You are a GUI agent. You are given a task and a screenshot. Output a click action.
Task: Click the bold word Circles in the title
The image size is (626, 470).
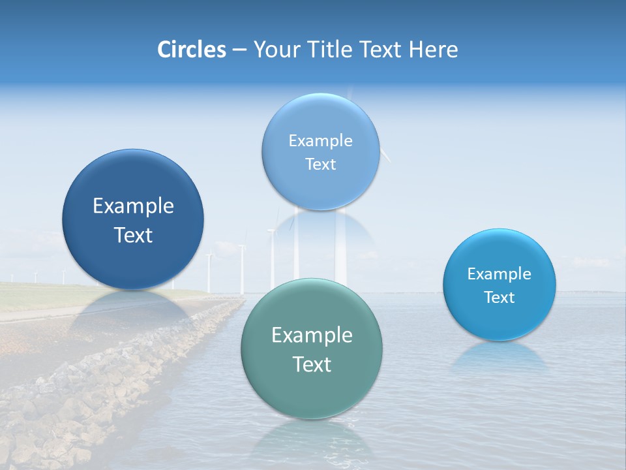tap(191, 50)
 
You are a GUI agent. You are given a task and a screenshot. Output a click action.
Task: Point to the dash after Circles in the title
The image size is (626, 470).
tap(239, 50)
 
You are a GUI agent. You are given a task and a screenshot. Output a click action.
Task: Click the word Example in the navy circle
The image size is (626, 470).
tap(133, 206)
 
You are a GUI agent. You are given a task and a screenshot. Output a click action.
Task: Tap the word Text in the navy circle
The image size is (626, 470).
tap(133, 235)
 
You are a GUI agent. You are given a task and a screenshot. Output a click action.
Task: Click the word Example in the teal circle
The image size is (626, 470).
tap(312, 336)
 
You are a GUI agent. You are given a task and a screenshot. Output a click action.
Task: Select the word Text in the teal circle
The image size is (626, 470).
tap(312, 364)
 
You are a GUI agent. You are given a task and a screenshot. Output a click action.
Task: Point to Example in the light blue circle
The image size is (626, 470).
tap(320, 140)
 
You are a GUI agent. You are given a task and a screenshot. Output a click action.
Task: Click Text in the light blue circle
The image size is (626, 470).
tap(320, 164)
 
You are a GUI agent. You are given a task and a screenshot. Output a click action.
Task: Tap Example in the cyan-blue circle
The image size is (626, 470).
tap(499, 274)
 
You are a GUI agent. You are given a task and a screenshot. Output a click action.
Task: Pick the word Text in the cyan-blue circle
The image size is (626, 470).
tap(499, 297)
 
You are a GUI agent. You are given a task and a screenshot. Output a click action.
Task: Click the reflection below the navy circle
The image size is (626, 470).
tap(133, 310)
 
